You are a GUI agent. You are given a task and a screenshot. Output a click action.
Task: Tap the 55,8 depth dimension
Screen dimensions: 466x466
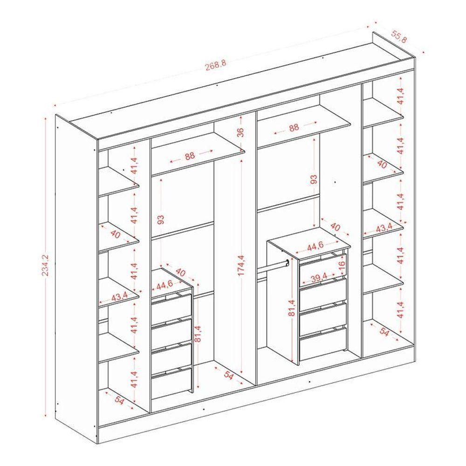tap(399, 36)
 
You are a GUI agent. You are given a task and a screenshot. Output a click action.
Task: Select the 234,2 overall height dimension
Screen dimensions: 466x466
tap(46, 266)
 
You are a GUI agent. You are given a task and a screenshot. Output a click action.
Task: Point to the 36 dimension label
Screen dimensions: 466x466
tap(240, 132)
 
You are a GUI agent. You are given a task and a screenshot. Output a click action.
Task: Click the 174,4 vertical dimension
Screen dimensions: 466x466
tap(241, 265)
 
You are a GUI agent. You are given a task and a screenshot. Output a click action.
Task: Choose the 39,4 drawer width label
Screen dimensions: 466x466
tap(319, 278)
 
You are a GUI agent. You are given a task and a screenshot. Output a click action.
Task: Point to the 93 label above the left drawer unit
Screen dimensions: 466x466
tap(160, 219)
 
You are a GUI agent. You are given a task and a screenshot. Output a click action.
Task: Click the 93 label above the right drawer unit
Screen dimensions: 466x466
tap(314, 179)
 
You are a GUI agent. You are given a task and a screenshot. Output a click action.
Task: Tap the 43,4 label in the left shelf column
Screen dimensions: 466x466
tap(119, 296)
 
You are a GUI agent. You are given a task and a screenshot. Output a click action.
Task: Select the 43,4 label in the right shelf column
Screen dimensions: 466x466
tap(384, 228)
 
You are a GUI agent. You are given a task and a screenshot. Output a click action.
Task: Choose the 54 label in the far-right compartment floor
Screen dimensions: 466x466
tap(384, 333)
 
